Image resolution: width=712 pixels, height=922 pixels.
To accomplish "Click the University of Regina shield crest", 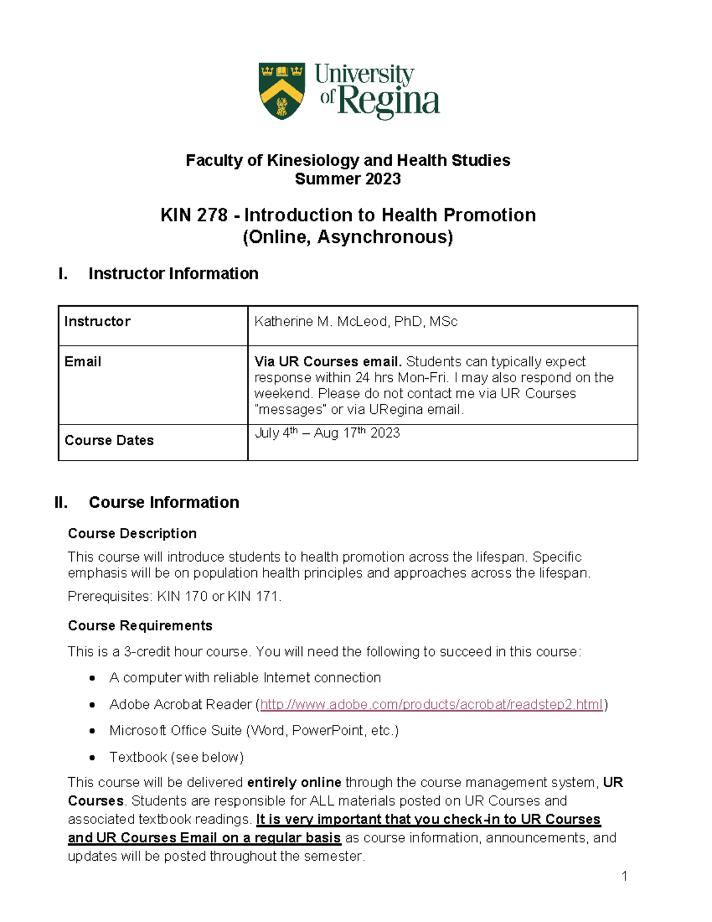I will point(282,91).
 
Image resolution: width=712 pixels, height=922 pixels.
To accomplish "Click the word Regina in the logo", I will point(388,102).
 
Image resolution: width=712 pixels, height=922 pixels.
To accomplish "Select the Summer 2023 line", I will point(348,179).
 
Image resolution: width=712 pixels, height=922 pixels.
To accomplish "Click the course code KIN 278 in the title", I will point(193,215).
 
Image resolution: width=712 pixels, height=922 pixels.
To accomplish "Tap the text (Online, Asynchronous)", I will point(348,237).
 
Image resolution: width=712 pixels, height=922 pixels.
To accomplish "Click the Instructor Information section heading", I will point(173,274).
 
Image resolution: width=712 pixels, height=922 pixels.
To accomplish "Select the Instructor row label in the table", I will point(97,322).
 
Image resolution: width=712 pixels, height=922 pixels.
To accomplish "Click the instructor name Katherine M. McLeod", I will point(355,322).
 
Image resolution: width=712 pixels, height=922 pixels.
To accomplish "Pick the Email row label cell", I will point(83,362).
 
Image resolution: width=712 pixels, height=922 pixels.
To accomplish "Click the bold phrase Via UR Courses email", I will point(328,362).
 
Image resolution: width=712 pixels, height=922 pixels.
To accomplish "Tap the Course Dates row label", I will point(109,441).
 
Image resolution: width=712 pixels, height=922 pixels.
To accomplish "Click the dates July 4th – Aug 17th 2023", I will point(327,433).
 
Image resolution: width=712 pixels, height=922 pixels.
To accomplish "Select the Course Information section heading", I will point(164,502).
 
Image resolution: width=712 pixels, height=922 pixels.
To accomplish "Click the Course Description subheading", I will point(132,533).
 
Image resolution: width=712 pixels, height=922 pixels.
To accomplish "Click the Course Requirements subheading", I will point(140,626).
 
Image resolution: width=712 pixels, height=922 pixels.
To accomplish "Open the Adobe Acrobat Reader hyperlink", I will point(431,705).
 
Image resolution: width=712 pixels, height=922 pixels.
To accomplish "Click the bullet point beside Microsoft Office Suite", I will point(92,731).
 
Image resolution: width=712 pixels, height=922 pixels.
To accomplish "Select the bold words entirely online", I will point(294,782).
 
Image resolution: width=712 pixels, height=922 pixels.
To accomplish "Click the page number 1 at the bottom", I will point(624,876).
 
